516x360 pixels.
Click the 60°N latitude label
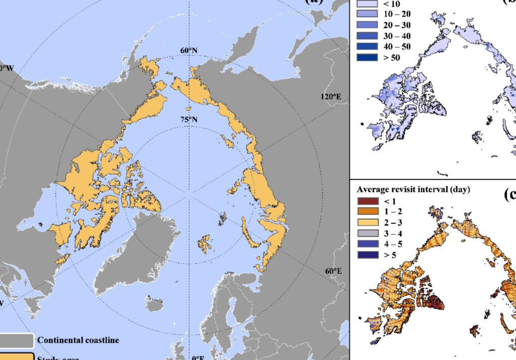(x=189, y=51)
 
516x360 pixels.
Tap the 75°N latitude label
(x=189, y=119)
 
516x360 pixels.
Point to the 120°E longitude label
(x=331, y=97)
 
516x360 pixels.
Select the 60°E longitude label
(x=333, y=271)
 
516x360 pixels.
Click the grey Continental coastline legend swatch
(x=16, y=340)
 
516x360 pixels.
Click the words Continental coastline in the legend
(x=78, y=340)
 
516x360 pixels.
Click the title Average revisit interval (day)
(x=413, y=190)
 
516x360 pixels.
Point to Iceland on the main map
(x=155, y=303)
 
